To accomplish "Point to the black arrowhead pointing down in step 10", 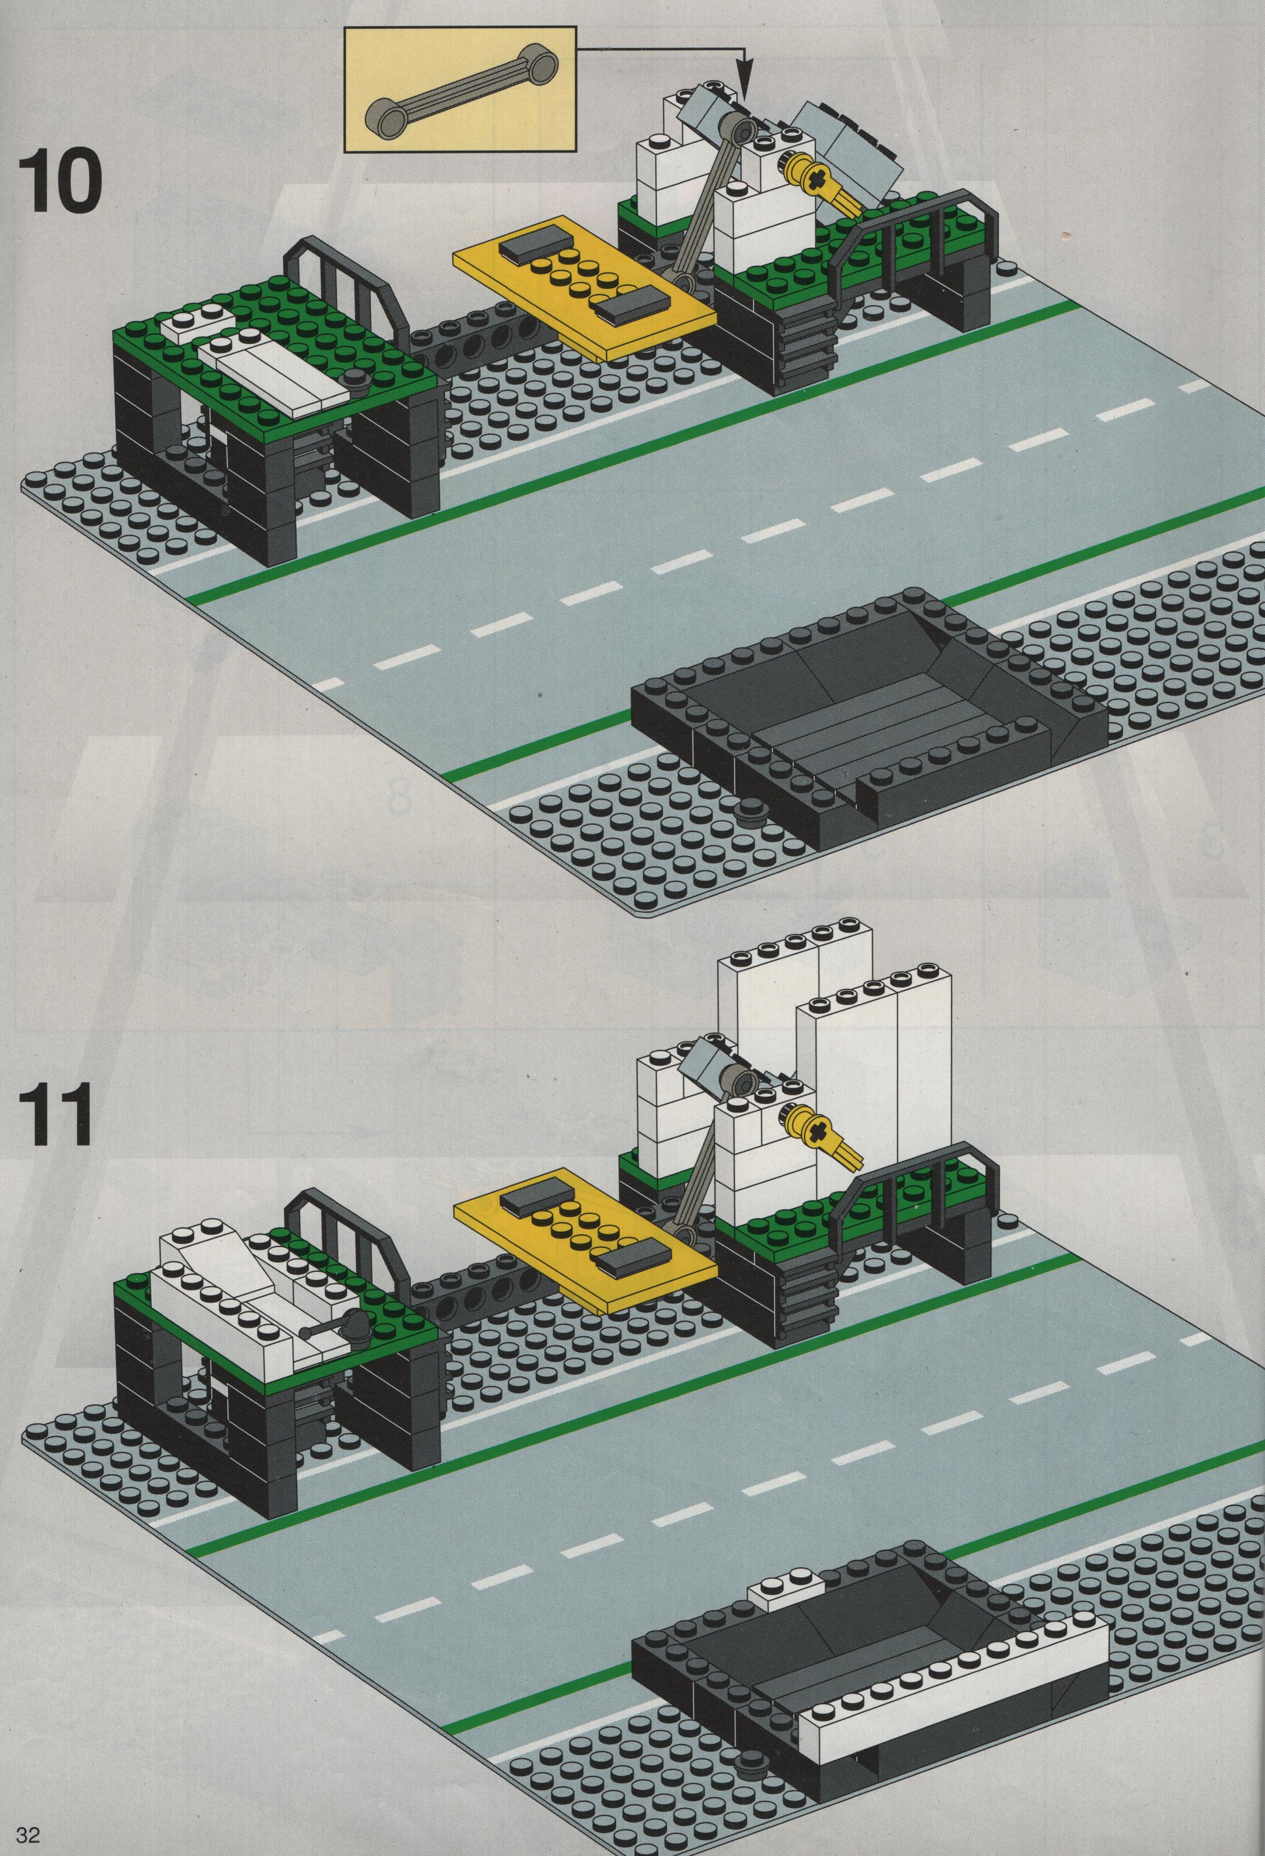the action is [x=744, y=75].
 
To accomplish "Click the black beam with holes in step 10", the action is [x=471, y=343].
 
